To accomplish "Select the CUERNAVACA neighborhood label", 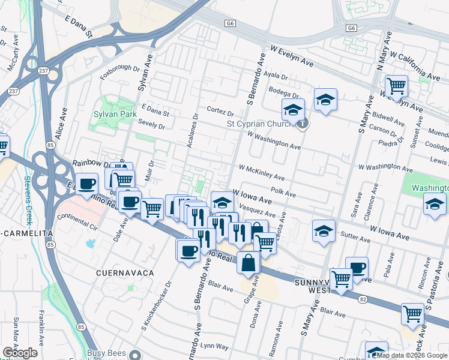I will [x=125, y=273].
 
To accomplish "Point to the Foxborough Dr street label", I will [x=120, y=67].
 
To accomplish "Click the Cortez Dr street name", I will [x=220, y=112].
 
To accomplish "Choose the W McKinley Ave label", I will [x=262, y=173].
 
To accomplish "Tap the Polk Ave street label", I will [x=283, y=193].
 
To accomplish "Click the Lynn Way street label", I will [x=214, y=346].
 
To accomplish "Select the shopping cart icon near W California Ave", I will [x=396, y=86].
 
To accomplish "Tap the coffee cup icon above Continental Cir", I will [x=87, y=184].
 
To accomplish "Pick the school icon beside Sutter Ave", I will [x=323, y=230].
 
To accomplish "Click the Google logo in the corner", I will [x=20, y=352].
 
